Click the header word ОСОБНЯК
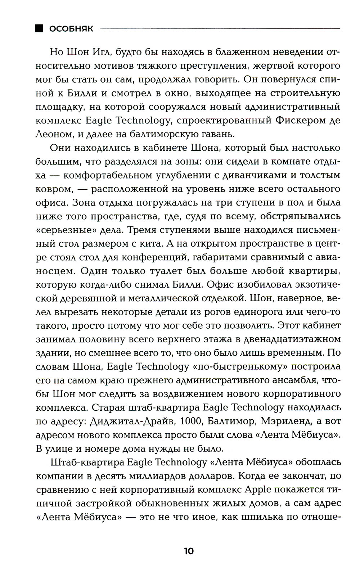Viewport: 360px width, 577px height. point(71,29)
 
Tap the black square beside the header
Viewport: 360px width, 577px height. point(39,28)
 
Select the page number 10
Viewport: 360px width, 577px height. point(189,551)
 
